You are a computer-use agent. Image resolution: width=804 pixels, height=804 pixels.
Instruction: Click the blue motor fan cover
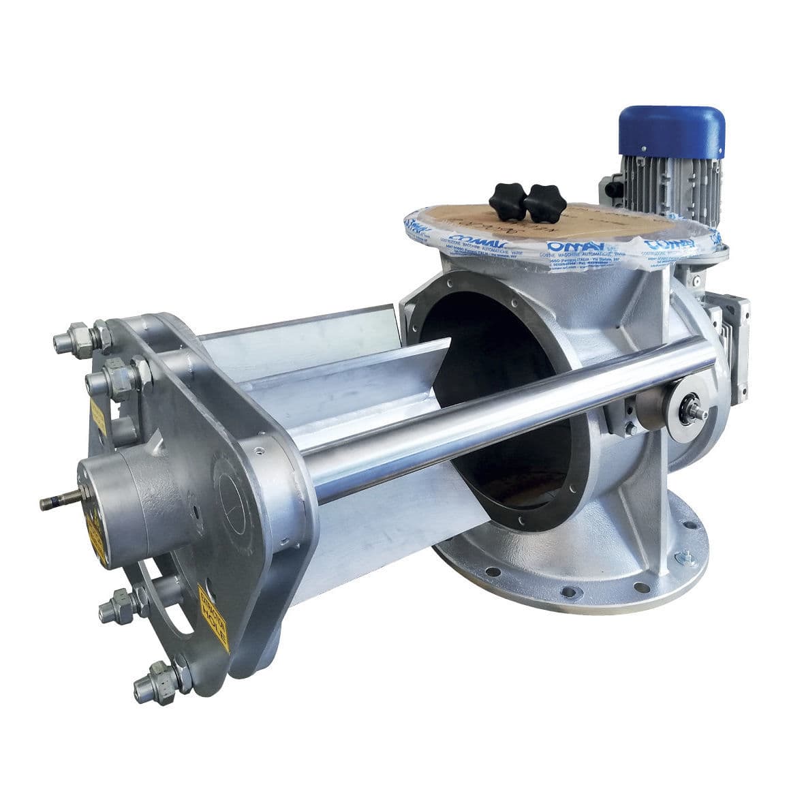click(671, 134)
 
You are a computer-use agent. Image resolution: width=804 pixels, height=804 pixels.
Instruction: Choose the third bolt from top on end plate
click(119, 606)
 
